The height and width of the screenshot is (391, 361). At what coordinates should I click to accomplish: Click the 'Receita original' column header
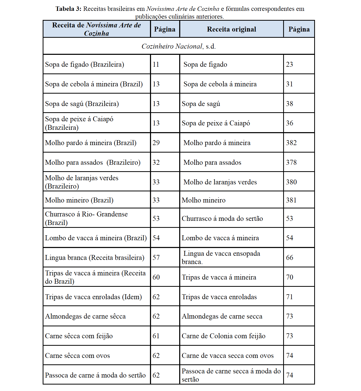pyautogui.click(x=231, y=29)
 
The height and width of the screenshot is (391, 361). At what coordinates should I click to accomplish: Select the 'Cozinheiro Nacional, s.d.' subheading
pyautogui.click(x=178, y=46)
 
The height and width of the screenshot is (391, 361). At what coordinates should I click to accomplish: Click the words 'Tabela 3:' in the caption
pyautogui.click(x=69, y=9)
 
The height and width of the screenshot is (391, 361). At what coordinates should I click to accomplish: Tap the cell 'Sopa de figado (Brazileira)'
pyautogui.click(x=85, y=64)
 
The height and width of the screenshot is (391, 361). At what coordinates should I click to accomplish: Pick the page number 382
pyautogui.click(x=291, y=143)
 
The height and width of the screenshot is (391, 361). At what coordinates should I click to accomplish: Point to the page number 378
pyautogui.click(x=291, y=162)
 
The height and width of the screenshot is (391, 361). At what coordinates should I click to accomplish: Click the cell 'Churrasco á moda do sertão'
pyautogui.click(x=222, y=219)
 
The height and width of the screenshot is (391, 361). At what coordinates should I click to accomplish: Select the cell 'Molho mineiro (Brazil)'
pyautogui.click(x=79, y=200)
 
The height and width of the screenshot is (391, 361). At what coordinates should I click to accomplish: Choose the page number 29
pyautogui.click(x=156, y=143)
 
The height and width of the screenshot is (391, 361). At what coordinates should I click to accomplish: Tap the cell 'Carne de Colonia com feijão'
pyautogui.click(x=223, y=336)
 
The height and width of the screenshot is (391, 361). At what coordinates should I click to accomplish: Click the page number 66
pyautogui.click(x=290, y=258)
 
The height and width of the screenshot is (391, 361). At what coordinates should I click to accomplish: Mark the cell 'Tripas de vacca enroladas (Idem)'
pyautogui.click(x=93, y=297)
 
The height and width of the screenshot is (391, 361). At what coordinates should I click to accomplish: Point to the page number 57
pyautogui.click(x=156, y=258)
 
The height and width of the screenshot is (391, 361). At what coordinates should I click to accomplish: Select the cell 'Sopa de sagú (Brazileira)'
pyautogui.click(x=82, y=104)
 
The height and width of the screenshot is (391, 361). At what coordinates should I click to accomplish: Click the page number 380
pyautogui.click(x=291, y=182)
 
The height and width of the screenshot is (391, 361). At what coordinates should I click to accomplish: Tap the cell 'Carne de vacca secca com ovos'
pyautogui.click(x=228, y=356)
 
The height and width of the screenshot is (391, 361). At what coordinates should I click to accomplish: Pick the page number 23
pyautogui.click(x=289, y=64)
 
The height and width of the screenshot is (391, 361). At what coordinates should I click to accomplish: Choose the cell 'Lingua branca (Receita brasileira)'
pyautogui.click(x=95, y=258)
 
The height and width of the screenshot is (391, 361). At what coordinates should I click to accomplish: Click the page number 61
pyautogui.click(x=156, y=336)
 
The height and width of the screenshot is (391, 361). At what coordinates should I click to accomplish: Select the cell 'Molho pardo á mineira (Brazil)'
pyautogui.click(x=91, y=143)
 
